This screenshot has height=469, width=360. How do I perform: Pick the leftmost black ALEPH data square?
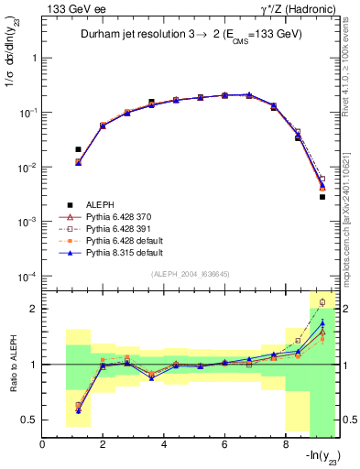[79, 149]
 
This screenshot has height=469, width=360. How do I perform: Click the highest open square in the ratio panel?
[322, 301]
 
